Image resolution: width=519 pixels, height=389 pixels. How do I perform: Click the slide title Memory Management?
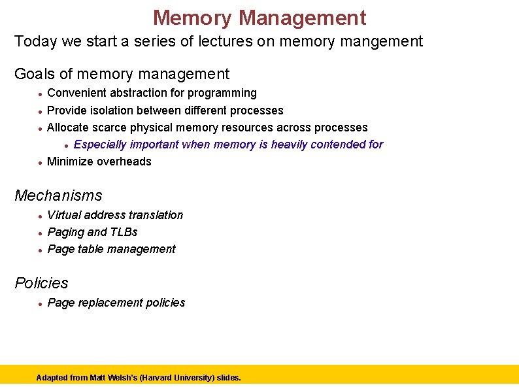pos(259,17)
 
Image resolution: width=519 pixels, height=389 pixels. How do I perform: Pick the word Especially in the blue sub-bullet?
pos(100,144)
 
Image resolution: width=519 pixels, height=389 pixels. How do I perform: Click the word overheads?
pos(124,161)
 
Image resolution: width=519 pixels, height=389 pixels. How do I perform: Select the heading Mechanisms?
pos(58,195)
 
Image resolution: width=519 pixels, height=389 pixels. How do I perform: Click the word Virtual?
pos(65,215)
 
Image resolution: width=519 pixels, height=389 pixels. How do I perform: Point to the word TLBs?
pos(124,232)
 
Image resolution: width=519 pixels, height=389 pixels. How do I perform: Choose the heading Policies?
pos(41,283)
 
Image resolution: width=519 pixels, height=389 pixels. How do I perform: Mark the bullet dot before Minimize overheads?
pos(40,162)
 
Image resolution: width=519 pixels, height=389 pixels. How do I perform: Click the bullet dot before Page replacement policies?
pos(40,303)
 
